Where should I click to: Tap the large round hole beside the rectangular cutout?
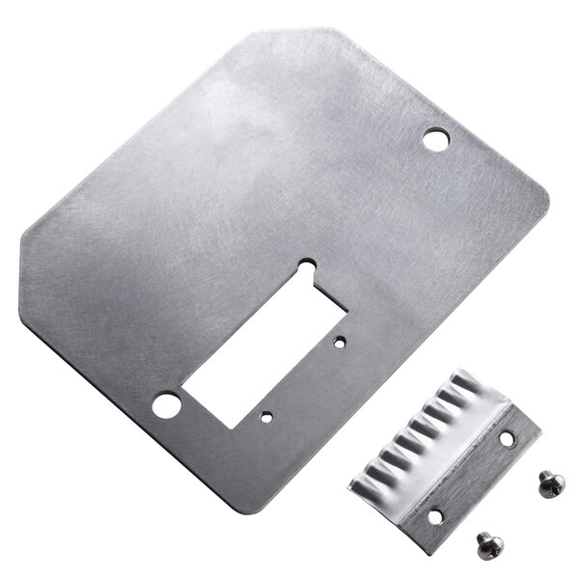tap(165, 403)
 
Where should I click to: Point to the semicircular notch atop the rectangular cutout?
tap(307, 262)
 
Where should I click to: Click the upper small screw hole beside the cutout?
tap(340, 341)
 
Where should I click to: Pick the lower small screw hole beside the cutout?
tap(266, 418)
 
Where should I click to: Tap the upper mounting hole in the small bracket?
tap(508, 439)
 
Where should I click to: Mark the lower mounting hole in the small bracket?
tap(434, 516)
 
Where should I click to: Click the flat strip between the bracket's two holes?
tap(471, 478)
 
